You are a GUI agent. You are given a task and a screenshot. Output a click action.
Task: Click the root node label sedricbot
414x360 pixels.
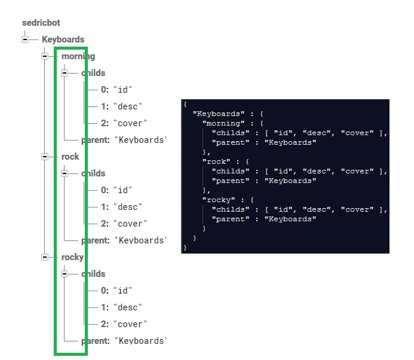tap(41, 23)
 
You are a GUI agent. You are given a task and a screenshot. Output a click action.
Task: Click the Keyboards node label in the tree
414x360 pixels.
tap(63, 39)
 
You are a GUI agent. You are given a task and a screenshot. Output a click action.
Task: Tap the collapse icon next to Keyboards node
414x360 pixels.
tap(25, 39)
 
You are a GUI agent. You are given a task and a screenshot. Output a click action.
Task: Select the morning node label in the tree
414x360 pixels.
tap(78, 56)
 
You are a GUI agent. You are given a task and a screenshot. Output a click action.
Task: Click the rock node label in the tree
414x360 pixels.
tap(70, 157)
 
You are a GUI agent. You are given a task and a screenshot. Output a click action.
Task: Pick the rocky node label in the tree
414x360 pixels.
tap(72, 257)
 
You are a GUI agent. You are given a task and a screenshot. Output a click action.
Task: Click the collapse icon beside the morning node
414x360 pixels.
tap(45, 56)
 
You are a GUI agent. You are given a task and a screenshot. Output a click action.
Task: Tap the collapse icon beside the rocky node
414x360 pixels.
tap(45, 257)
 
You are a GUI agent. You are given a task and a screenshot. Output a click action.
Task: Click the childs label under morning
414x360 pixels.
tap(93, 73)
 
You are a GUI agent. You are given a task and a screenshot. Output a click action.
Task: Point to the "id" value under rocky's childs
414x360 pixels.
tap(122, 291)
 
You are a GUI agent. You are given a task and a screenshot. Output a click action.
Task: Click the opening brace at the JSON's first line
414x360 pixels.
tap(186, 104)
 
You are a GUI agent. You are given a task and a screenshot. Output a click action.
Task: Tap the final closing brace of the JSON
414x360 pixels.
tap(186, 248)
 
